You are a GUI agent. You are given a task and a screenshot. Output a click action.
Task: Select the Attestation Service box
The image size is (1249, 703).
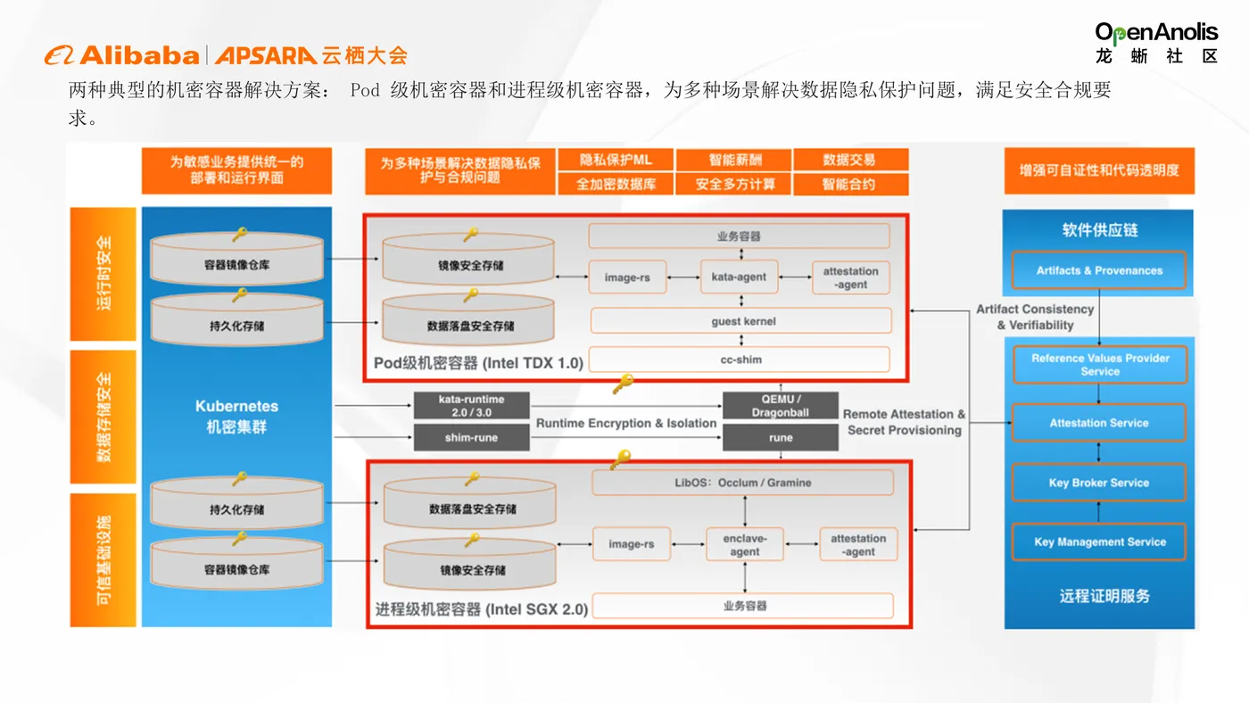pos(1099,423)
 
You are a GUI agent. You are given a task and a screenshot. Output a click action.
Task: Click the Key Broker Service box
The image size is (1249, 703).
pos(1099,483)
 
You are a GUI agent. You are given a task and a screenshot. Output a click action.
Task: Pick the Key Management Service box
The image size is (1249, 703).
pos(1099,542)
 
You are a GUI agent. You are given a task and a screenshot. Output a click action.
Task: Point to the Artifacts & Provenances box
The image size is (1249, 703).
pos(1099,270)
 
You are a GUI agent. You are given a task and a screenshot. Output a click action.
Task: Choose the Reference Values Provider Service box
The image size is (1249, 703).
pos(1099,365)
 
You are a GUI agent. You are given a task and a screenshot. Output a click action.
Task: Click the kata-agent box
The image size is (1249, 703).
pos(739,277)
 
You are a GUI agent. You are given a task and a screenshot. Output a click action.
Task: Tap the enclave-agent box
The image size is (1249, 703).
pos(745,545)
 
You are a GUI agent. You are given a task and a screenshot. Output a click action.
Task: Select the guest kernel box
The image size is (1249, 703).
pos(740,321)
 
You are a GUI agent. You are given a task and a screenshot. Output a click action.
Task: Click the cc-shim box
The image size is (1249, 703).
pos(740,360)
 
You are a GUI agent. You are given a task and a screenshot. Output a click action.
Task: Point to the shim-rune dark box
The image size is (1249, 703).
pos(471,437)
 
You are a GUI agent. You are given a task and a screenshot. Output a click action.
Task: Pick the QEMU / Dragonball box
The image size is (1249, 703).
pos(781,406)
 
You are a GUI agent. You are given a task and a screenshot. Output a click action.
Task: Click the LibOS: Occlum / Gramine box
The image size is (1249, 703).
pos(742,483)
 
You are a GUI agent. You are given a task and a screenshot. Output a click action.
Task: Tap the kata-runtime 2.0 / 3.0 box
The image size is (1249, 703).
pos(471,406)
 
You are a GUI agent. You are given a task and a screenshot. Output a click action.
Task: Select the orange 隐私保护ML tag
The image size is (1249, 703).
pos(616,160)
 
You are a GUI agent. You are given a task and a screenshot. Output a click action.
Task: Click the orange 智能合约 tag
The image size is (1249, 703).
pos(849,185)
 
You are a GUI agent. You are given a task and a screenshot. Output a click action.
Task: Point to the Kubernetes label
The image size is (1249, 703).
pos(236,407)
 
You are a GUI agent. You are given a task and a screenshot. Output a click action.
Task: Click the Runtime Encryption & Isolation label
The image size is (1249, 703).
pos(626,423)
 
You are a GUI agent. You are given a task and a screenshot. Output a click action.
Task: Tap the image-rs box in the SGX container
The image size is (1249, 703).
pos(631,544)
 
